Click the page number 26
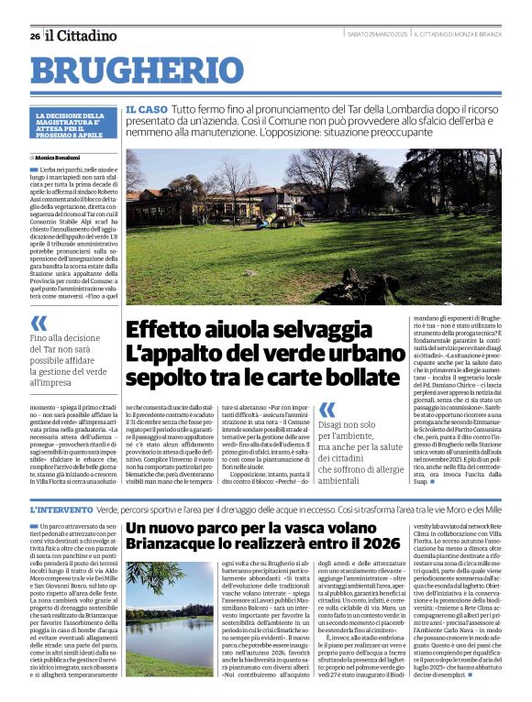point(35,36)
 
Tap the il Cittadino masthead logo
point(83,35)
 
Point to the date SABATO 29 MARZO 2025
point(378,34)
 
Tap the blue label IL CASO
point(146,109)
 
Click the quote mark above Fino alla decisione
point(39,323)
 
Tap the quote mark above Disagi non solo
point(327,411)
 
